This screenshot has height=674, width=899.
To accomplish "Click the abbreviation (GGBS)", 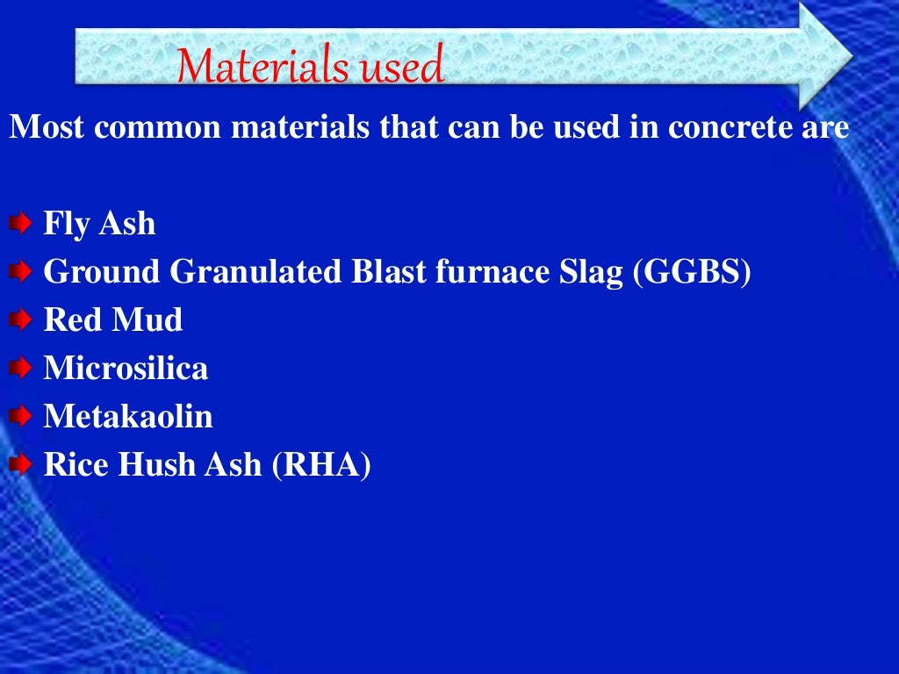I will (693, 273).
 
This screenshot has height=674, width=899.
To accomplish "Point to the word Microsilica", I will (126, 369).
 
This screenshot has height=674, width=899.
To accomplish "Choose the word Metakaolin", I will (128, 416).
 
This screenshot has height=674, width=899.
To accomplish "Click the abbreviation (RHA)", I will (321, 464).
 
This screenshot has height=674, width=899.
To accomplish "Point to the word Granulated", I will (255, 273).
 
